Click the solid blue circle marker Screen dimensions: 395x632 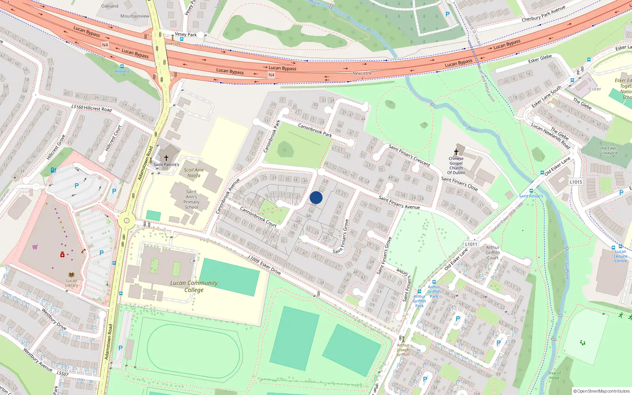pos(316,198)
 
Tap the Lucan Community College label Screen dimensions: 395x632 pos(194,286)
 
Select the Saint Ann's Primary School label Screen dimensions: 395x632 pos(192,199)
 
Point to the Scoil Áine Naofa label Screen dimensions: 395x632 pos(194,173)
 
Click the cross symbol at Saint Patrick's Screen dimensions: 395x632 pos(166,158)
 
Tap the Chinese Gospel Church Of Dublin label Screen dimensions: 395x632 pos(456,166)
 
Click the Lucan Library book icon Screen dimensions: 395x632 pos(71,275)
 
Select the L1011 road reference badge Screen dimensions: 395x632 pos(471,244)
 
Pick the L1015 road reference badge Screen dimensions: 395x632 pos(576,182)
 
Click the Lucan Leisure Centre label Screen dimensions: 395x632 pos(620,256)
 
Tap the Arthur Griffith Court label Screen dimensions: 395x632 pos(493,252)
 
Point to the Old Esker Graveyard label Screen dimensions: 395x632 pos(608,151)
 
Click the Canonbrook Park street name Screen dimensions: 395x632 pos(315,130)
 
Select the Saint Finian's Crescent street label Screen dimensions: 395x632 pos(409,155)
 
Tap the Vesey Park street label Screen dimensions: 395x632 pos(186,35)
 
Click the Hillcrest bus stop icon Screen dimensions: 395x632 pos(122,66)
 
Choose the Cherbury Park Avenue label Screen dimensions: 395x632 pos(543,14)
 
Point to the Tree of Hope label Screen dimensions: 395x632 pos(554,375)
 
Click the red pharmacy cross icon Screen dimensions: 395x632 pos(62,255)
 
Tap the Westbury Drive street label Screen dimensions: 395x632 pos(54,319)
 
